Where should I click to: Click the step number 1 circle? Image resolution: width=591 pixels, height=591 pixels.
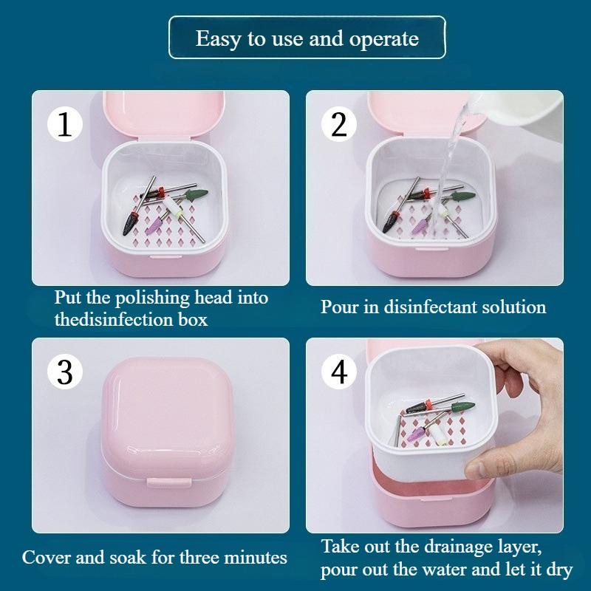coord(65,124)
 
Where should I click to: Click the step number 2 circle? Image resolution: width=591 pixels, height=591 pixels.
coord(339,124)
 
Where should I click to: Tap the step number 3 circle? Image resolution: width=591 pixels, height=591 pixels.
coord(65,372)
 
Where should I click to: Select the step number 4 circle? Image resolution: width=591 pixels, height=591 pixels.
coord(339,372)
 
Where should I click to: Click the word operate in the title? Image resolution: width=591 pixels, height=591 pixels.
coord(385,38)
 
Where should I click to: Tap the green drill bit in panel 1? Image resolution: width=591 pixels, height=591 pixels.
coord(197,194)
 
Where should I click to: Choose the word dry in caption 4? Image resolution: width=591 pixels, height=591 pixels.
coord(558,571)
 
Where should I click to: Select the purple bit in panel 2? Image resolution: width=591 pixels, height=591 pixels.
coord(422,225)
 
